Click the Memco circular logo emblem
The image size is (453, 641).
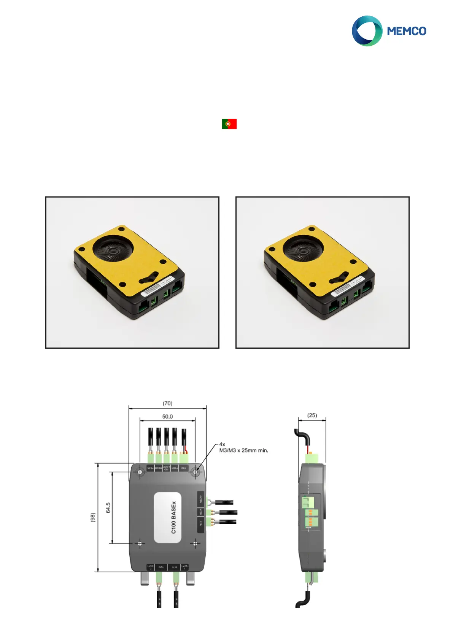367,31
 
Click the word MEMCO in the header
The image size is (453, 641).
406,31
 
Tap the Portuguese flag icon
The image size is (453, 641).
229,124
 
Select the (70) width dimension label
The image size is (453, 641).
167,403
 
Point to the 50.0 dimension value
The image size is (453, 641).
167,416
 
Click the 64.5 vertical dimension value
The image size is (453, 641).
108,508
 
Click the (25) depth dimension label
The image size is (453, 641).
312,415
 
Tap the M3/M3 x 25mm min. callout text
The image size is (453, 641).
243,450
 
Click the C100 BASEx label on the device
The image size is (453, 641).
174,517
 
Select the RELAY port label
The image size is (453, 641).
200,499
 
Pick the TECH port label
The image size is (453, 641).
200,512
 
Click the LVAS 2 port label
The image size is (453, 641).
151,567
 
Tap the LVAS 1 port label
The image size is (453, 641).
184,567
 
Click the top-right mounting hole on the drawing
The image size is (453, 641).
196,472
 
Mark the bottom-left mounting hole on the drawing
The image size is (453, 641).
140,544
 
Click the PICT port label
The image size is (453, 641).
200,524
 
